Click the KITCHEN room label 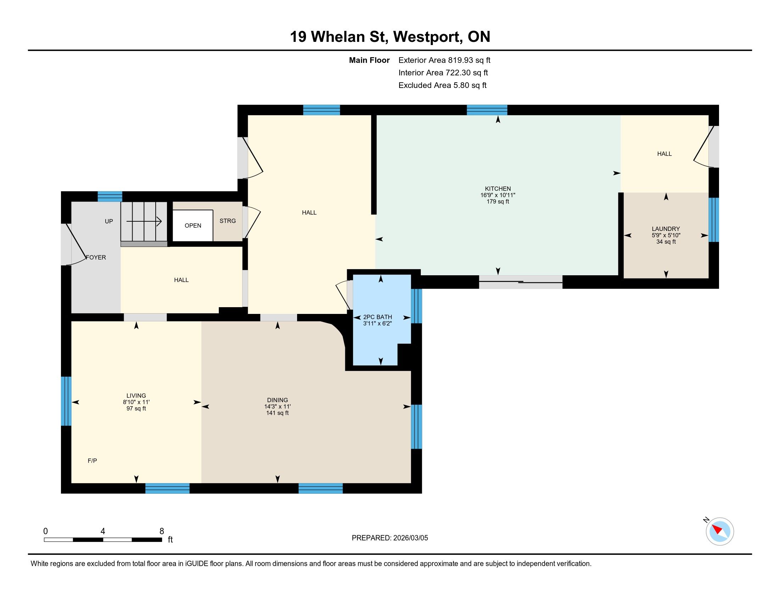pyautogui.click(x=497, y=189)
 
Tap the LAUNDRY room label pyautogui.click(x=666, y=229)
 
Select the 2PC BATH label pyautogui.click(x=378, y=317)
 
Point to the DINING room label pyautogui.click(x=278, y=400)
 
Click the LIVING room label pyautogui.click(x=136, y=395)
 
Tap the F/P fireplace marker pyautogui.click(x=92, y=461)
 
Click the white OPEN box pyautogui.click(x=193, y=225)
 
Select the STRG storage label pyautogui.click(x=228, y=221)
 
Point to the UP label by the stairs pyautogui.click(x=109, y=221)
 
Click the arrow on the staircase pyautogui.click(x=144, y=221)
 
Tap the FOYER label pyautogui.click(x=96, y=257)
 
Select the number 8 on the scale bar pyautogui.click(x=161, y=531)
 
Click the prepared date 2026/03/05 pyautogui.click(x=410, y=538)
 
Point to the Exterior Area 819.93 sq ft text pyautogui.click(x=444, y=60)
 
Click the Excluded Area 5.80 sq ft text pyautogui.click(x=442, y=85)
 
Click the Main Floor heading pyautogui.click(x=369, y=60)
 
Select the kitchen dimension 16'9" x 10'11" pyautogui.click(x=497, y=195)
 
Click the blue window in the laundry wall pyautogui.click(x=713, y=220)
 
